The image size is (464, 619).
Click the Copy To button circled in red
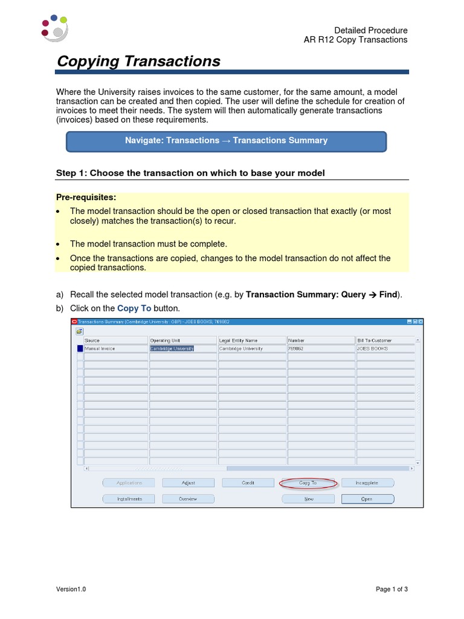[308, 483]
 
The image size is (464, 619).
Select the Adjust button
[188, 483]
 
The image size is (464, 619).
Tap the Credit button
[248, 483]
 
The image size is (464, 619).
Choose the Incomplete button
[367, 483]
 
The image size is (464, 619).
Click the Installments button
[129, 499]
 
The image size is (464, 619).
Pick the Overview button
[188, 499]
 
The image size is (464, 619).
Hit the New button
[308, 499]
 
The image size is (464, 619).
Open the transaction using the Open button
[367, 499]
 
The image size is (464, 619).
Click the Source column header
[115, 340]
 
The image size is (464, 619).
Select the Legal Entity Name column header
[251, 340]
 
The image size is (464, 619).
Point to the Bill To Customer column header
[385, 340]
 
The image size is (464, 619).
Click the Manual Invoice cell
[115, 349]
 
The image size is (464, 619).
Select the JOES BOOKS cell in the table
[385, 349]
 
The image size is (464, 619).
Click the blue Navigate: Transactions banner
[226, 141]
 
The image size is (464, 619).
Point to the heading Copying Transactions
[138, 61]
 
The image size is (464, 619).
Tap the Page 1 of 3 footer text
[391, 589]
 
